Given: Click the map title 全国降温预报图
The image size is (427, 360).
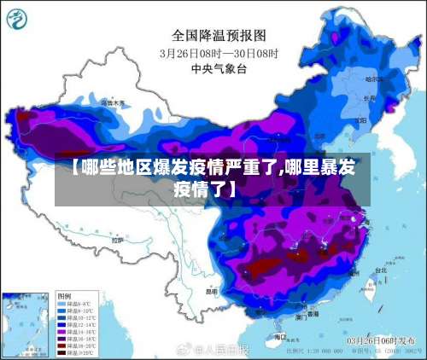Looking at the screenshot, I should (x=219, y=35).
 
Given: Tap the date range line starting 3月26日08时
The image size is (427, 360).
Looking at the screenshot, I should (x=219, y=53).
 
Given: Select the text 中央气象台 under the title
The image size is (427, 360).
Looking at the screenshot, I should (x=219, y=68).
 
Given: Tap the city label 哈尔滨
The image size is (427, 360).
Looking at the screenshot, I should (x=374, y=79).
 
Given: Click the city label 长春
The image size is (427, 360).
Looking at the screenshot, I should (x=368, y=97).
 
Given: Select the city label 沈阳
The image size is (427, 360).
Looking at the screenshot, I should (x=359, y=112).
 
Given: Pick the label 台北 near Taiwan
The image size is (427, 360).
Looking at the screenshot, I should (x=377, y=270).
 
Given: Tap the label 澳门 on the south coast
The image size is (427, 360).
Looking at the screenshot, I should (x=301, y=316).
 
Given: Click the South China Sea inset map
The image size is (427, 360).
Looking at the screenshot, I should (x=26, y=323).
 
